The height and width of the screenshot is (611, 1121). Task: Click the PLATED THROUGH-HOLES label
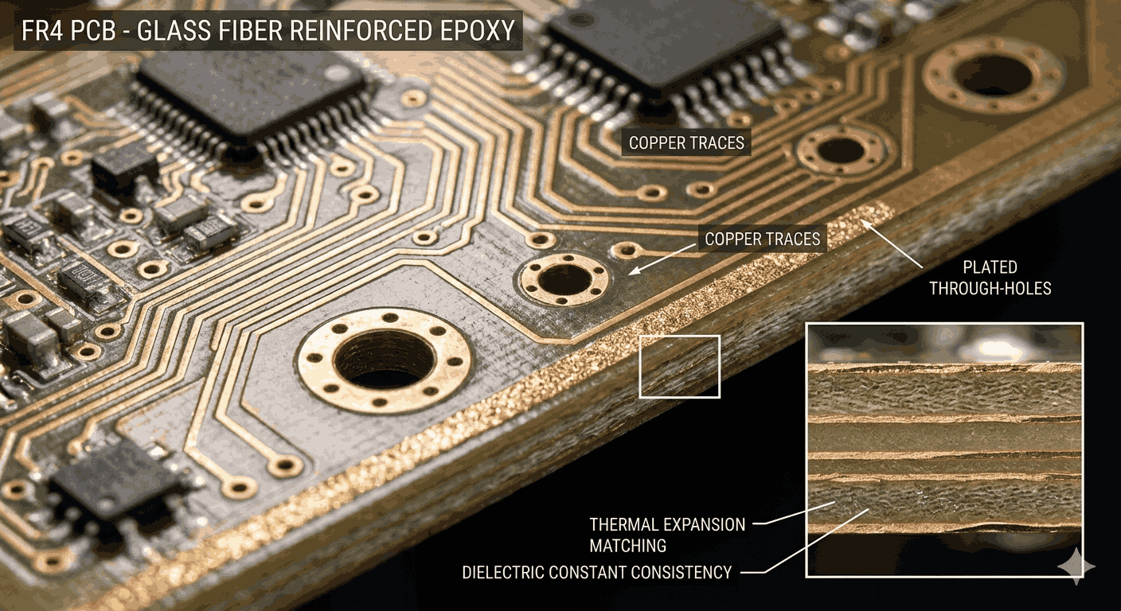(990, 278)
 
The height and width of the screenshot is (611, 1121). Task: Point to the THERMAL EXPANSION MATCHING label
(667, 535)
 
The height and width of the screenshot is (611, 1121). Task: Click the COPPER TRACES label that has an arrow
(762, 239)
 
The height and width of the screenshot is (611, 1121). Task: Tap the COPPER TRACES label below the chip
(686, 143)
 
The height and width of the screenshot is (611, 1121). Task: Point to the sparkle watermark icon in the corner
(1076, 566)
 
